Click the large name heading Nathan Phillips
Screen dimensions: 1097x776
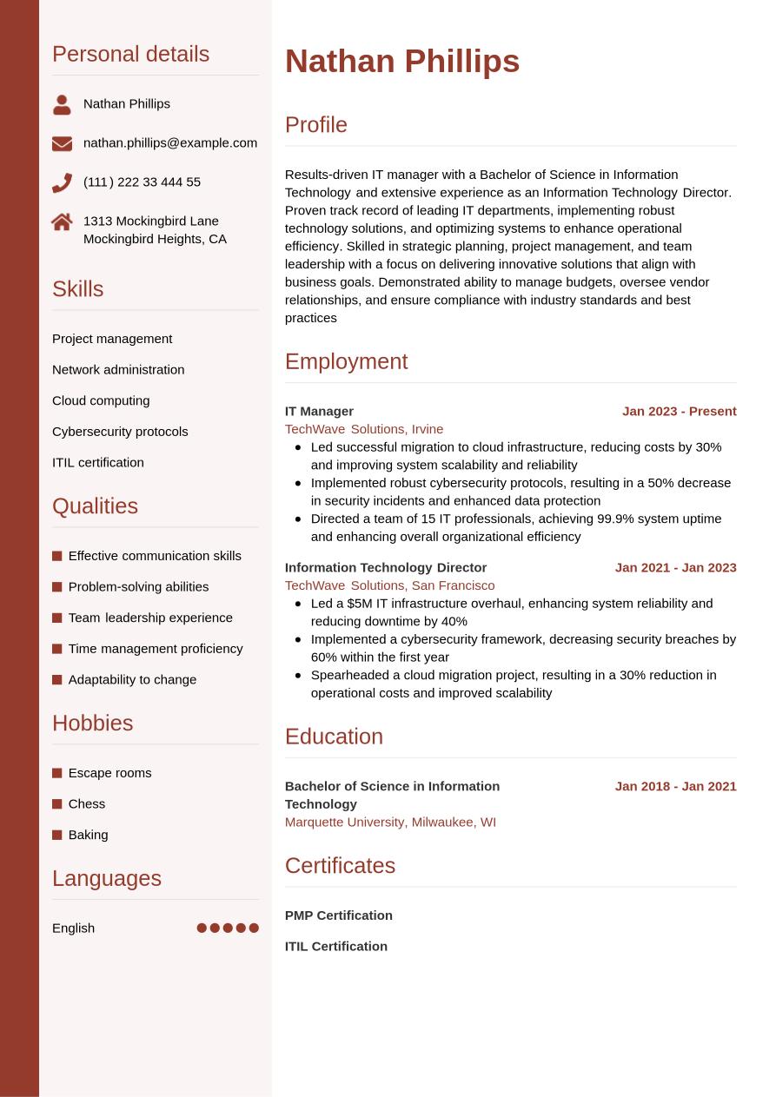[401, 62]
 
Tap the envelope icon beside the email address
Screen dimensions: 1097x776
[62, 143]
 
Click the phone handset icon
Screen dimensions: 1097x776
[62, 182]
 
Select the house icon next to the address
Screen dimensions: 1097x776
[62, 222]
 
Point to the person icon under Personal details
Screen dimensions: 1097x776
[62, 104]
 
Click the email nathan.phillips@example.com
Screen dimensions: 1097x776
[170, 142]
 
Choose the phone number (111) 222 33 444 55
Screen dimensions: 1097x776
[142, 182]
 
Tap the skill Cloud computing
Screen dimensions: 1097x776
[101, 400]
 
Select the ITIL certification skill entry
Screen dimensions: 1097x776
[98, 462]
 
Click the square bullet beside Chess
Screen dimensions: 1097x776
[57, 804]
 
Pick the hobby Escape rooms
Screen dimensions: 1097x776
[109, 773]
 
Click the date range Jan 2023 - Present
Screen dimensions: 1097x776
[679, 411]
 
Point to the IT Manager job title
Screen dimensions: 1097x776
[319, 411]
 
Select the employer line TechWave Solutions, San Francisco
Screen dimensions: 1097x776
[389, 585]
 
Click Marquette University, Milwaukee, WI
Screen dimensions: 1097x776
[390, 822]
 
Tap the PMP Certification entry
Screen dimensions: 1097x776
[338, 915]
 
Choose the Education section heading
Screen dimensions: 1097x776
[334, 737]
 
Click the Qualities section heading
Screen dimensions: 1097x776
[95, 506]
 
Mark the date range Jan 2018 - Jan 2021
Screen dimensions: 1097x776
[675, 786]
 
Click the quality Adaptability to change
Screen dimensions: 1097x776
[132, 679]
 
